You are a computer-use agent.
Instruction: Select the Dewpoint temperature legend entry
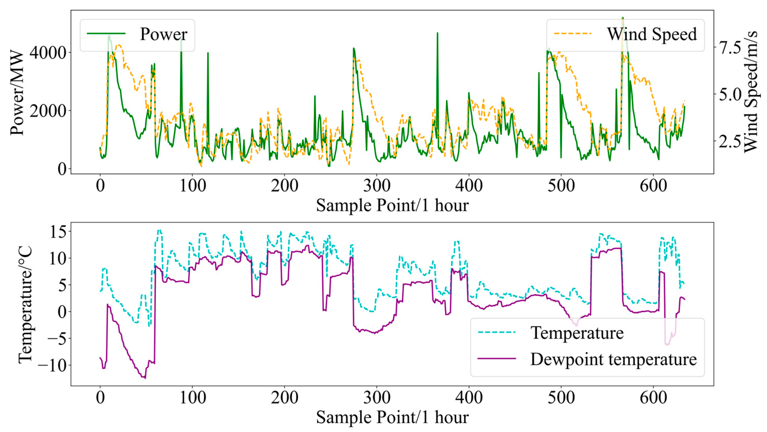[613, 359]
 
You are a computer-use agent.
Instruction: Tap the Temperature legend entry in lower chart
[577, 333]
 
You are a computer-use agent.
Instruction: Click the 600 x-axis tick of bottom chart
[653, 398]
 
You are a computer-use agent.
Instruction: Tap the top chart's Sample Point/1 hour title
[392, 205]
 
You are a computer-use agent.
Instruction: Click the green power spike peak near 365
[437, 33]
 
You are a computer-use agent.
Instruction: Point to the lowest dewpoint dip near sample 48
[145, 378]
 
